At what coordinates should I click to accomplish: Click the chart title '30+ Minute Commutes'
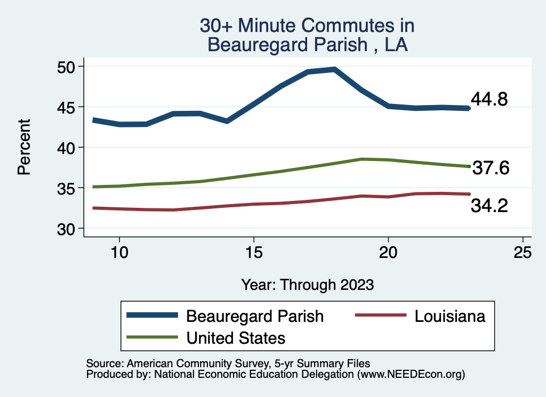pyautogui.click(x=307, y=26)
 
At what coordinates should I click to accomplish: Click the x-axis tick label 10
pyautogui.click(x=119, y=253)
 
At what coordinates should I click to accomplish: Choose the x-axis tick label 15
pyautogui.click(x=254, y=253)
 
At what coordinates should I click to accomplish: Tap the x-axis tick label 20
pyautogui.click(x=388, y=253)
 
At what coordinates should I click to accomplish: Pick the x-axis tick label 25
pyautogui.click(x=523, y=253)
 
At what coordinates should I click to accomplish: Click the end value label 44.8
pyautogui.click(x=489, y=99)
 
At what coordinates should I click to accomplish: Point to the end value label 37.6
pyautogui.click(x=491, y=168)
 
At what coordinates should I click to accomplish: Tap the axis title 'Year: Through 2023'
pyautogui.click(x=307, y=285)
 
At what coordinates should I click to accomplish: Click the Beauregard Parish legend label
pyautogui.click(x=254, y=316)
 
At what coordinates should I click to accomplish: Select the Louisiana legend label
pyautogui.click(x=450, y=316)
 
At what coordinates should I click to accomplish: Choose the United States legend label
pyautogui.click(x=236, y=338)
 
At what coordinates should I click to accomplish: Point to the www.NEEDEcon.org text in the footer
pyautogui.click(x=411, y=375)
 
